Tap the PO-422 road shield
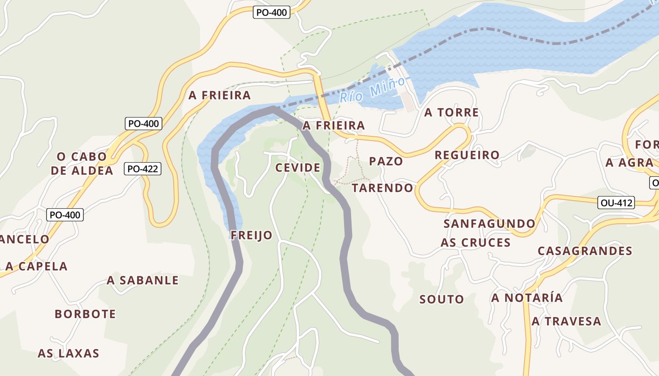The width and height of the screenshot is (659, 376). (143, 169)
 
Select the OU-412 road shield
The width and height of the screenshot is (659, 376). (616, 203)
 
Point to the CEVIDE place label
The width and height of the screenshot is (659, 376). (298, 168)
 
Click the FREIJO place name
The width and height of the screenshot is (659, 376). (251, 235)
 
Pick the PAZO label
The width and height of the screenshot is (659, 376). (386, 161)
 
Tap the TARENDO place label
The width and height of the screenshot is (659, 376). (382, 188)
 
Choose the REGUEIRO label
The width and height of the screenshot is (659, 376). (467, 155)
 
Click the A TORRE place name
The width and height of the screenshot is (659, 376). (451, 112)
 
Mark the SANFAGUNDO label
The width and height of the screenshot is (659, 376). (490, 224)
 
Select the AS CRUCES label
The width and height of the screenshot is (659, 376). (475, 243)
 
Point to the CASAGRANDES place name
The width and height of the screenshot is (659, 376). (585, 251)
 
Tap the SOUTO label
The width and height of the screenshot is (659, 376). (442, 299)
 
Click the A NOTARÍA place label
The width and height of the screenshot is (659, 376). (527, 298)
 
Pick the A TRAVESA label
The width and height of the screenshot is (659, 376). (566, 321)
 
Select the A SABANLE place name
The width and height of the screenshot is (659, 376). (143, 281)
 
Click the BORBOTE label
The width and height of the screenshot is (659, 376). (85, 314)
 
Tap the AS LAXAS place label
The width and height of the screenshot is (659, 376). (69, 353)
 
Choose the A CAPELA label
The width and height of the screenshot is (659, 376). (37, 266)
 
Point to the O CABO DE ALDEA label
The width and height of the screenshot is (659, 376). (82, 163)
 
